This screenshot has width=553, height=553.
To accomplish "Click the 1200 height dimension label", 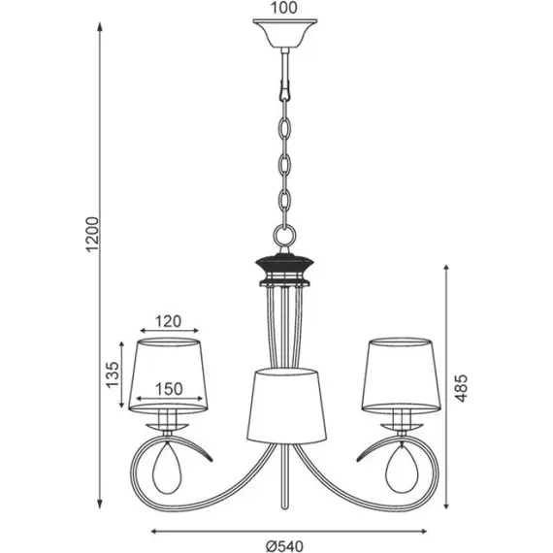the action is pos(93,234).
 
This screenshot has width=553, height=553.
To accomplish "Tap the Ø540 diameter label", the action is pos(284,546).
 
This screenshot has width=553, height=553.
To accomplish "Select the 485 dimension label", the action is pos(460,388).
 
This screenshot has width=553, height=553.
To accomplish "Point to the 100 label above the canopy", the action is pos(284,8).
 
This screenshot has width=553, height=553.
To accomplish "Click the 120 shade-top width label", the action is pos(168,321).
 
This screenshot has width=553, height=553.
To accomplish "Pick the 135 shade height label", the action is pos(114,374).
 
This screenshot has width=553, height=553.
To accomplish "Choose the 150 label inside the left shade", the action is pos(169,389).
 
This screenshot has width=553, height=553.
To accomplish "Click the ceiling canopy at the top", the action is pos(285,34).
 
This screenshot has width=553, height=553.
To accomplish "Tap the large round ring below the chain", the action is pos(284,236).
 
